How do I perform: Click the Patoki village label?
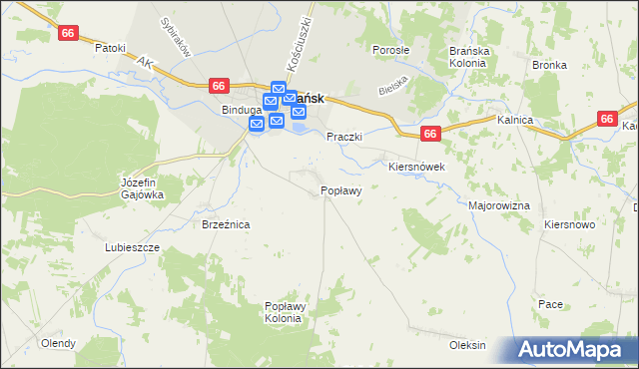(x=110, y=47)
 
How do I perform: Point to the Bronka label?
(x=549, y=65)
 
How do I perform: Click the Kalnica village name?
(x=514, y=120)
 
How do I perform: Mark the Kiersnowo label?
(x=570, y=225)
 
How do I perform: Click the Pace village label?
(x=550, y=304)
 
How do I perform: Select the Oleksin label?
(x=467, y=345)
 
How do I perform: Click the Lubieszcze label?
(x=132, y=246)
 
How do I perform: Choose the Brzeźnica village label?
(x=226, y=225)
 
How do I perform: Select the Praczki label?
(x=343, y=137)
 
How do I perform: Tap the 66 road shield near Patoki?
(x=68, y=33)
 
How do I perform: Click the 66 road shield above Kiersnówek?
(x=430, y=133)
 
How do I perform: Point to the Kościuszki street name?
(x=299, y=42)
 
